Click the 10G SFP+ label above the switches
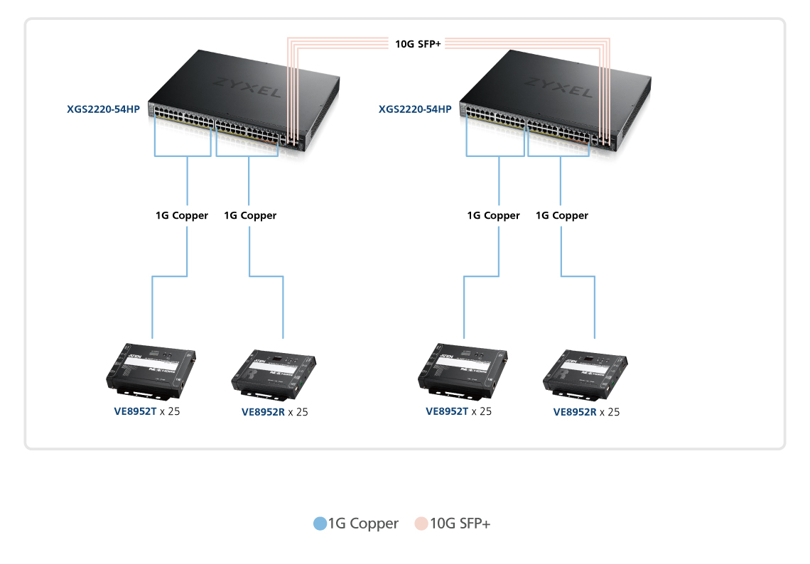pos(418,44)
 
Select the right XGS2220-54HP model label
pos(415,109)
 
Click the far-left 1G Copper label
pos(182,215)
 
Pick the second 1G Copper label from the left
pos(250,215)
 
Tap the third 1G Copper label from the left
pos(494,215)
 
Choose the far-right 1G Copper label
pos(562,215)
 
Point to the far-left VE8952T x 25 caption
pos(147,411)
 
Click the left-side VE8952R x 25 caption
pos(275,412)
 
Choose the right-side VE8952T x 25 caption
pos(458,411)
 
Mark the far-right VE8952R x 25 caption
pos(586,412)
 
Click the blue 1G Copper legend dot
pos(320,524)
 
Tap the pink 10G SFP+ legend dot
pos(421,524)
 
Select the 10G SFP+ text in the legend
pos(460,524)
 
